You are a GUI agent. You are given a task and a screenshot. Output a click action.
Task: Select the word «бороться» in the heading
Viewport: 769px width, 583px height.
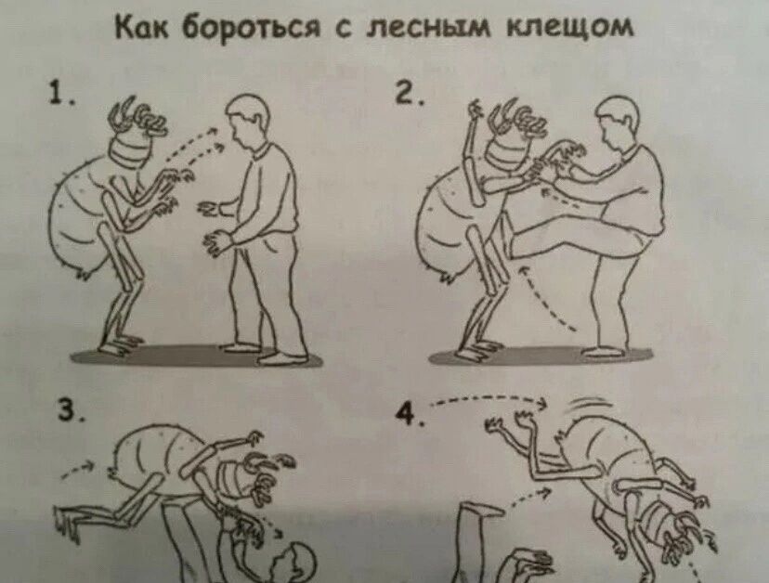(251, 30)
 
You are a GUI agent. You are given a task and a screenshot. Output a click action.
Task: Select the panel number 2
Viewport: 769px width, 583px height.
(410, 92)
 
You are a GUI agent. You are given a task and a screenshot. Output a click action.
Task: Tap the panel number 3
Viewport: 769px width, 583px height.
(71, 410)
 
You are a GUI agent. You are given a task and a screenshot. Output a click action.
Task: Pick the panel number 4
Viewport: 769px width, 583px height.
(411, 415)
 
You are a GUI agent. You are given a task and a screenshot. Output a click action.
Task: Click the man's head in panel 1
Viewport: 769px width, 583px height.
(248, 120)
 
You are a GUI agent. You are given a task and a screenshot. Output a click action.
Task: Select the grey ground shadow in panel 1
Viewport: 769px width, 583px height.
(196, 356)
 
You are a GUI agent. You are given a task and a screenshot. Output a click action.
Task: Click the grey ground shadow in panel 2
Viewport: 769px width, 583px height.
(541, 355)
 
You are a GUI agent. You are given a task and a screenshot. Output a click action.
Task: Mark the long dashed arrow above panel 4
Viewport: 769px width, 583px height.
(489, 398)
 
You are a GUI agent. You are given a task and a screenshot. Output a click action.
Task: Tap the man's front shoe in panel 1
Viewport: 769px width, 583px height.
(282, 358)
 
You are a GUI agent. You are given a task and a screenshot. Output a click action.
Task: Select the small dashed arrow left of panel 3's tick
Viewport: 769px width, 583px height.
(77, 467)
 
